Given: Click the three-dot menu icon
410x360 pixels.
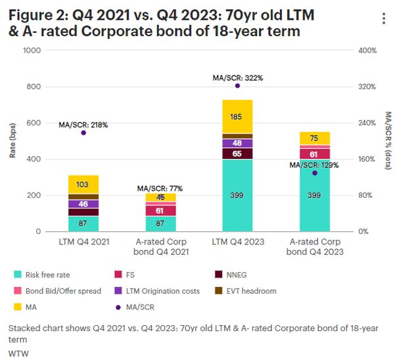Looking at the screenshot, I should click(384, 18).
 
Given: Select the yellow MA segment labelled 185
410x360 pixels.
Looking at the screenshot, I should click(237, 117).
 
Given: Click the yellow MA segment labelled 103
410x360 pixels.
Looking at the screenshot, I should click(83, 185).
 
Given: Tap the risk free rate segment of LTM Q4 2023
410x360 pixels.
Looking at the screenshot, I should click(237, 195).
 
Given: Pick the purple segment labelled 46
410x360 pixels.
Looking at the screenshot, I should click(83, 204).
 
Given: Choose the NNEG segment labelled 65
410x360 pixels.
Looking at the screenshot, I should click(237, 154).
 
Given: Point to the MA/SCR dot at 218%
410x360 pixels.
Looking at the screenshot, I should click(83, 133).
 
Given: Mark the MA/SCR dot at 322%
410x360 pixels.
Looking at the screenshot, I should click(237, 85).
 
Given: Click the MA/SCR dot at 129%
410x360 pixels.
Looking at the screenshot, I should click(314, 173).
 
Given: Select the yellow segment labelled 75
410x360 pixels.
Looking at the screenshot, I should click(314, 138).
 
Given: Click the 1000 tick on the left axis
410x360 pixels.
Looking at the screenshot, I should click(32, 51).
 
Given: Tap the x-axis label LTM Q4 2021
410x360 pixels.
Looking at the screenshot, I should click(83, 242).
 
